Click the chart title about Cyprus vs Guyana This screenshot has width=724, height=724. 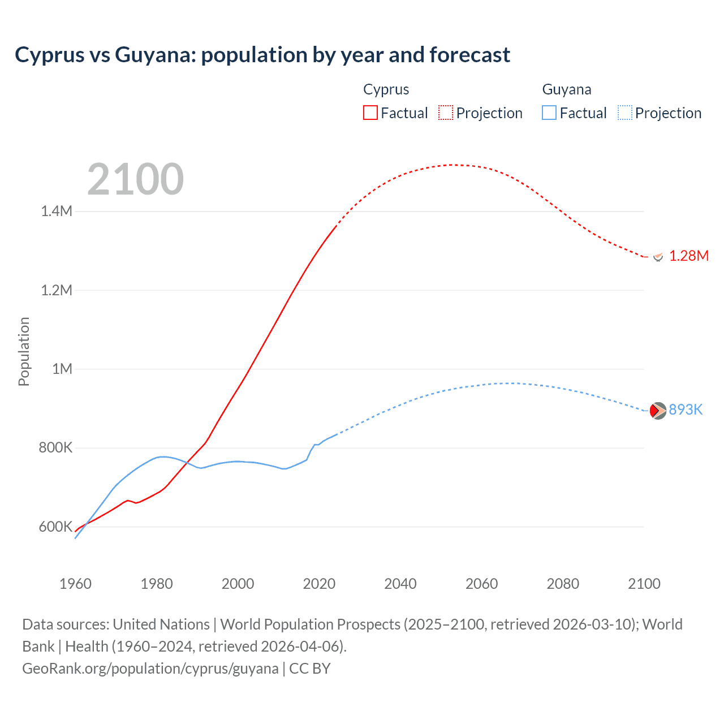pyautogui.click(x=262, y=55)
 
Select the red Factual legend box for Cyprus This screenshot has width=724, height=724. pyautogui.click(x=370, y=113)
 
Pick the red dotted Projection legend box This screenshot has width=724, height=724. pyautogui.click(x=446, y=113)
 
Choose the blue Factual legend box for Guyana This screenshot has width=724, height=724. pyautogui.click(x=549, y=113)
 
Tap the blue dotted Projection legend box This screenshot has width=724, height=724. pyautogui.click(x=625, y=113)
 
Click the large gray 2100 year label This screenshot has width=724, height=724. pyautogui.click(x=135, y=179)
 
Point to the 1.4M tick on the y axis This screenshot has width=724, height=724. pyautogui.click(x=57, y=212)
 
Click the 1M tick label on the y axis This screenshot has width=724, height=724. pyautogui.click(x=62, y=369)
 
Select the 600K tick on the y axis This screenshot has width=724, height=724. pyautogui.click(x=55, y=527)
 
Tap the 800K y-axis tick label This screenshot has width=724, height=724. pyautogui.click(x=55, y=448)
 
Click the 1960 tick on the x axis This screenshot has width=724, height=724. pyautogui.click(x=75, y=584)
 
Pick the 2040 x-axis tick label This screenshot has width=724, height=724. pyautogui.click(x=400, y=584)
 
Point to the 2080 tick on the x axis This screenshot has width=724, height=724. pyautogui.click(x=563, y=584)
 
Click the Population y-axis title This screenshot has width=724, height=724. pyautogui.click(x=24, y=351)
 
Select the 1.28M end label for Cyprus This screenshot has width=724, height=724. pyautogui.click(x=689, y=256)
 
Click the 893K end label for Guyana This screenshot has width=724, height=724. pyautogui.click(x=686, y=410)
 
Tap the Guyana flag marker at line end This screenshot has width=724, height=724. pyautogui.click(x=658, y=411)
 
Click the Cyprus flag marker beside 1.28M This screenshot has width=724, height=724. pyautogui.click(x=658, y=257)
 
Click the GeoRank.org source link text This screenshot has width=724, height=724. pyautogui.click(x=150, y=669)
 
